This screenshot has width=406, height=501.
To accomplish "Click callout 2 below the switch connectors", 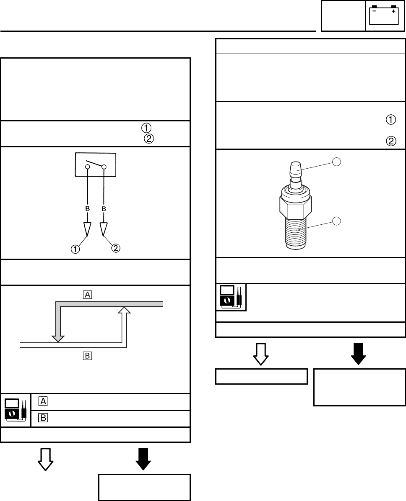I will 115,248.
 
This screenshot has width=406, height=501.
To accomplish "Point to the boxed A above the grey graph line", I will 87,295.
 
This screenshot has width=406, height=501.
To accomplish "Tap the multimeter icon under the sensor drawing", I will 232,297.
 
